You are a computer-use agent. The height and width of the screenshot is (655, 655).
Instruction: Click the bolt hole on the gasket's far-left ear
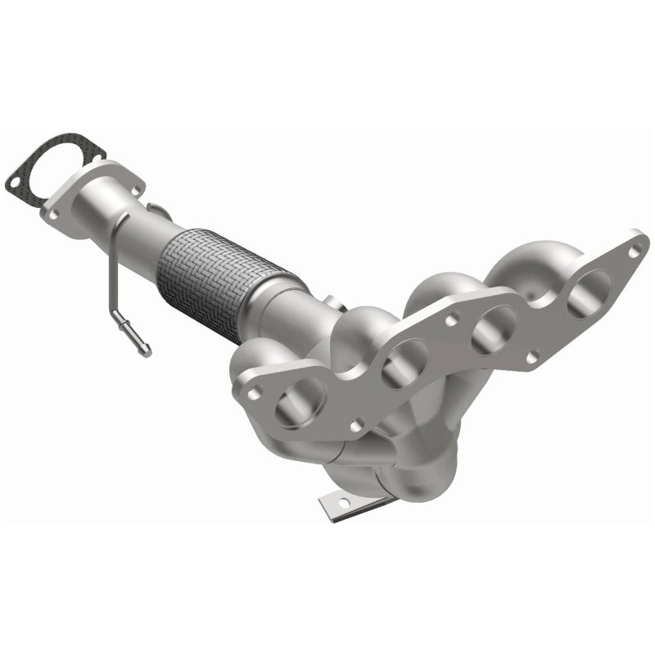pyautogui.click(x=14, y=174)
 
